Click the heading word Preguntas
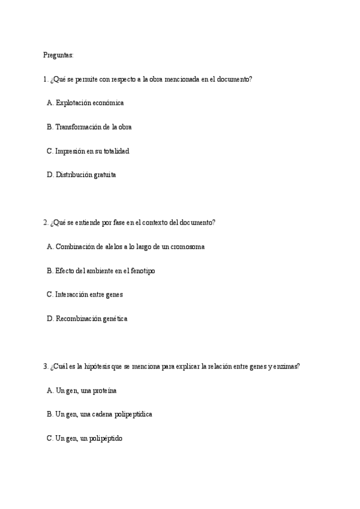click(x=58, y=55)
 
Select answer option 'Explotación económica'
click(x=89, y=103)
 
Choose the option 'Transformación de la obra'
click(x=93, y=127)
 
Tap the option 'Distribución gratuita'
click(x=86, y=175)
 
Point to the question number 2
click(x=45, y=223)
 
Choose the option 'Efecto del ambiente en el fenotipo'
click(x=105, y=271)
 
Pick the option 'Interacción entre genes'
click(x=89, y=295)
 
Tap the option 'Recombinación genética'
click(x=91, y=319)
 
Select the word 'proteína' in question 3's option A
click(x=103, y=391)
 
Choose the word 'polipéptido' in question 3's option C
click(x=105, y=439)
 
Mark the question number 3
click(x=45, y=367)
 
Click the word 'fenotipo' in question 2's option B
click(x=142, y=271)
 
